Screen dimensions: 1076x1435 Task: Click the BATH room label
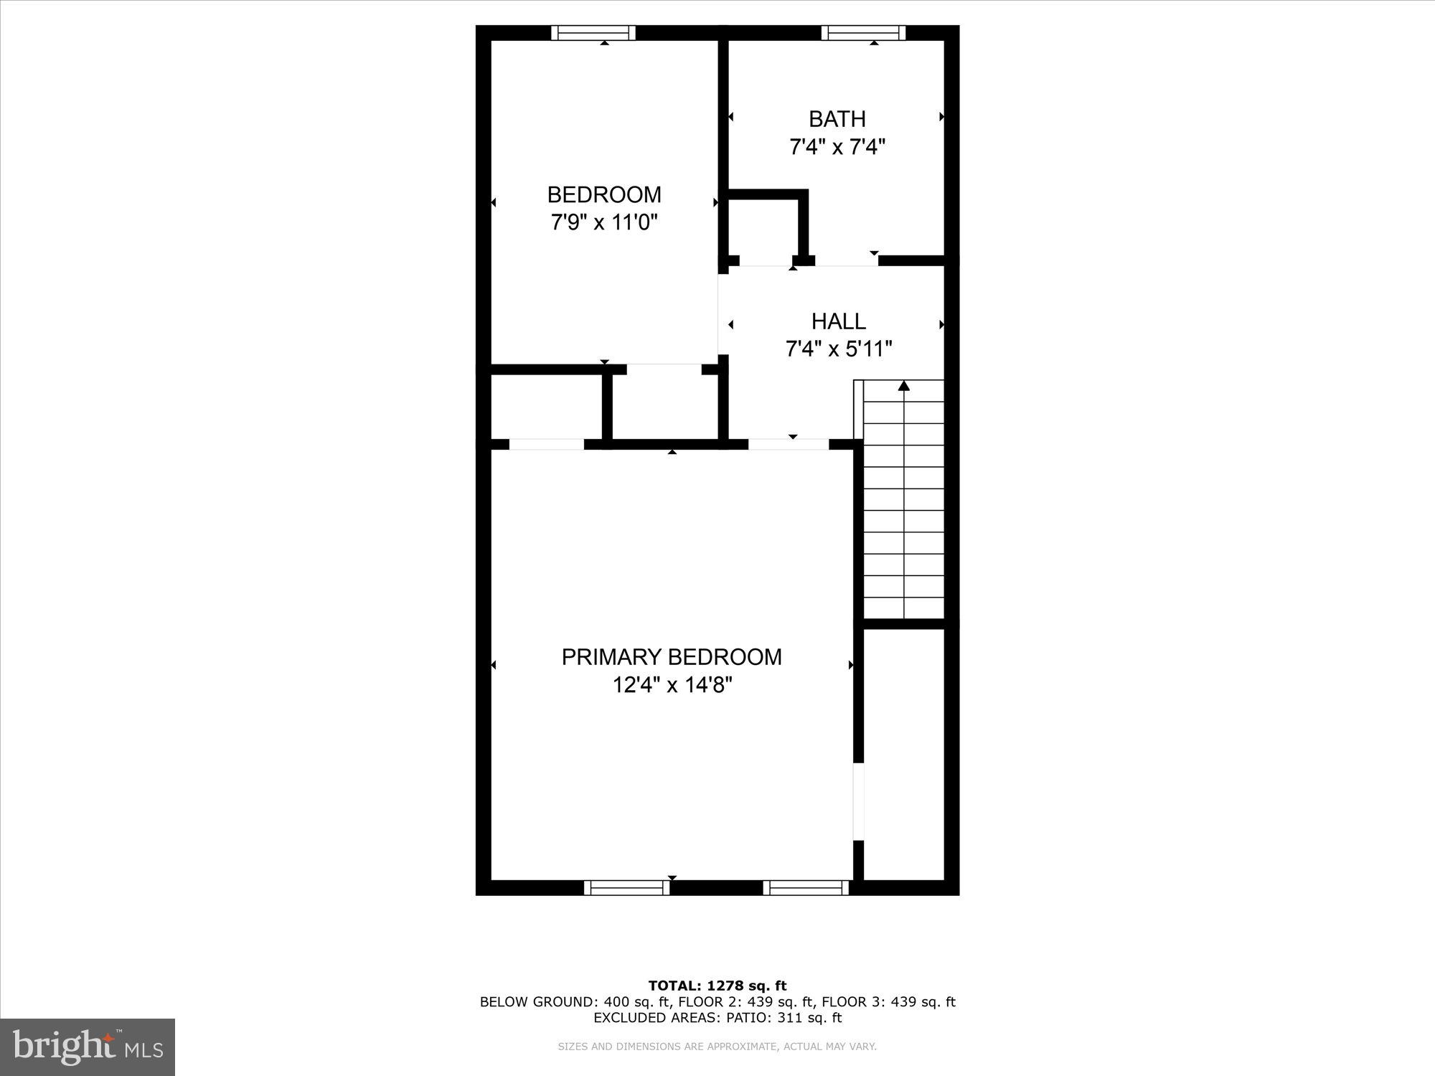(837, 118)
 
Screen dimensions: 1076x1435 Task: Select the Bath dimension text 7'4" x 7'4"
(837, 147)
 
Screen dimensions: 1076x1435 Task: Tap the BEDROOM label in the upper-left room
(604, 194)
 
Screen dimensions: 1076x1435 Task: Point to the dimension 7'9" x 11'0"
(604, 222)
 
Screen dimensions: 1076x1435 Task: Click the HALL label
(838, 321)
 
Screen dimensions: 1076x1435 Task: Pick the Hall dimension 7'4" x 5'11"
(838, 349)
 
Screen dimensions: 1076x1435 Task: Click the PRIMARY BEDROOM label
(672, 657)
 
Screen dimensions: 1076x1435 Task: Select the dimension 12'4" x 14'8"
(672, 685)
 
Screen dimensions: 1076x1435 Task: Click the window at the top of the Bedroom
(593, 33)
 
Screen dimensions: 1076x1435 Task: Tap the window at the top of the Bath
(863, 33)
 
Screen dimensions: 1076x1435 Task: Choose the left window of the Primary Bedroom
(627, 888)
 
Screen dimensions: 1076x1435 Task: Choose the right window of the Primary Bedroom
(806, 888)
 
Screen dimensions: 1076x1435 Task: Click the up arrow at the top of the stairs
(904, 387)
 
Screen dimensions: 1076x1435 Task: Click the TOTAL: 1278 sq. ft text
(717, 986)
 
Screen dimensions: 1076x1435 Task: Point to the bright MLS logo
(88, 1047)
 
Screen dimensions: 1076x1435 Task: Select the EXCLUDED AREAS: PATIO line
(717, 1018)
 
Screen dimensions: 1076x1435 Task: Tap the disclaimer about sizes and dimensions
(717, 1047)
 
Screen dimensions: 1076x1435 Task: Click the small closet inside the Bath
(764, 228)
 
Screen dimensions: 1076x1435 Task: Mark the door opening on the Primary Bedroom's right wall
(858, 801)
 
